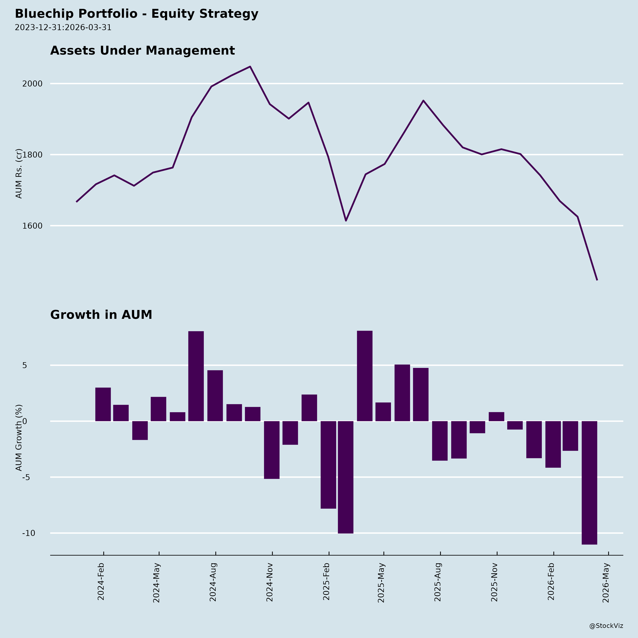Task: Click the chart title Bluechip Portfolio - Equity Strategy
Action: tap(136, 14)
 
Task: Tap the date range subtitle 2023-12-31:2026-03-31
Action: tap(63, 27)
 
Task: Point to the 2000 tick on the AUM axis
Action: tap(32, 84)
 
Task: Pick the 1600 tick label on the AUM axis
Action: tap(32, 226)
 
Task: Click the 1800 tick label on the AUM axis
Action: tap(32, 155)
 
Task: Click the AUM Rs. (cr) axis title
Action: tap(19, 173)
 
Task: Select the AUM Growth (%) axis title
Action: tap(19, 438)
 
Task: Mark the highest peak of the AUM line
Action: tap(250, 67)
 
